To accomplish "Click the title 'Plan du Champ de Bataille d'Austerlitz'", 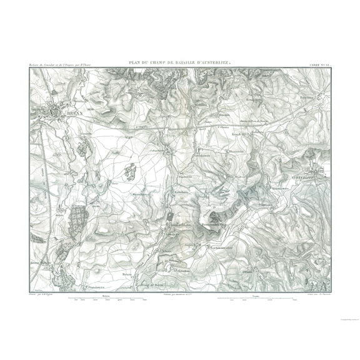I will [180, 61].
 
